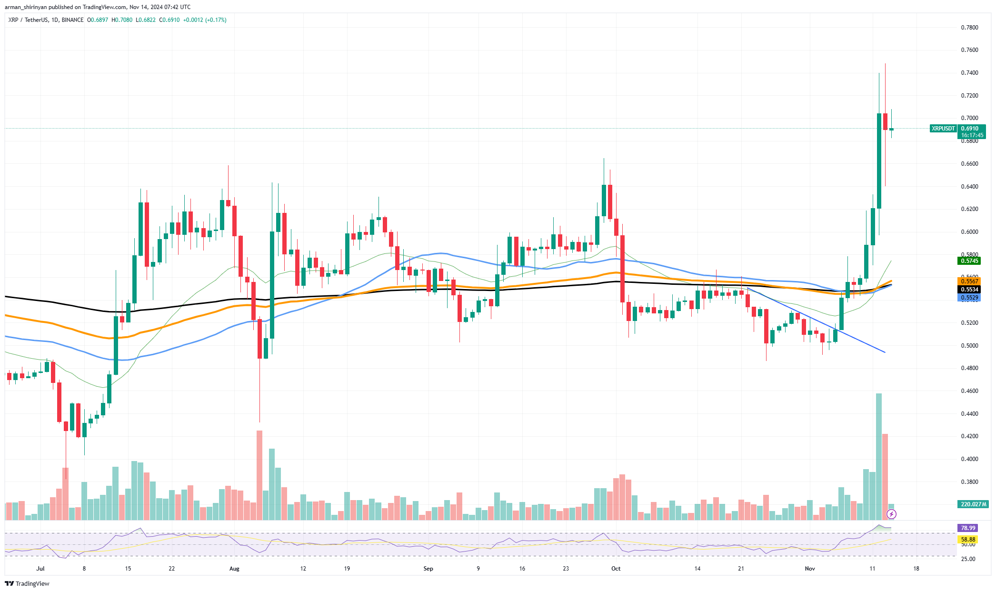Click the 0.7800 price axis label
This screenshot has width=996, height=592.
click(969, 28)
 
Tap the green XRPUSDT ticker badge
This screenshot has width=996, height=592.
click(943, 129)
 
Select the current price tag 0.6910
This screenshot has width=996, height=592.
click(970, 129)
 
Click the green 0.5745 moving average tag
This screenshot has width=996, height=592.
click(969, 261)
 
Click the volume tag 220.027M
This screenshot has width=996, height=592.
click(974, 504)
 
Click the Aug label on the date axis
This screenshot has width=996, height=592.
click(234, 569)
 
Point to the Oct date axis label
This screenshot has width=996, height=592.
click(616, 569)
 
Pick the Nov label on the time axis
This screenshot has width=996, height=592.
click(810, 569)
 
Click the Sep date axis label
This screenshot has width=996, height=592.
click(428, 569)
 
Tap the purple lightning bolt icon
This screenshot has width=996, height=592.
click(892, 514)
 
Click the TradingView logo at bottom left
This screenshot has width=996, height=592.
click(27, 583)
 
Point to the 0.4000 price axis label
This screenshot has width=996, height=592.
click(969, 459)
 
